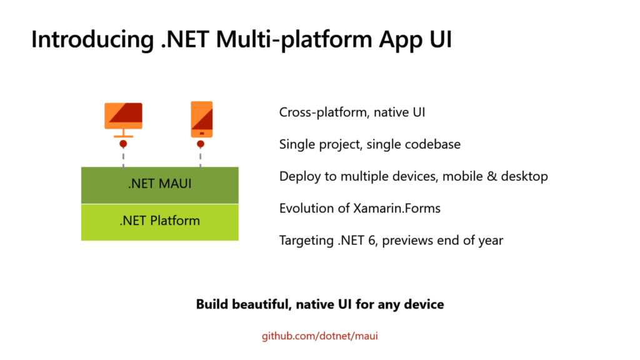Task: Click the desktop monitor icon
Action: (x=123, y=120)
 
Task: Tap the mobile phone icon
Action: (x=202, y=119)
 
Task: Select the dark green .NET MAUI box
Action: (x=159, y=185)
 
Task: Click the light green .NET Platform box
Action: (x=159, y=222)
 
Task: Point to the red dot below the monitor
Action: (x=123, y=144)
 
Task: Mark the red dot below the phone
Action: (x=201, y=144)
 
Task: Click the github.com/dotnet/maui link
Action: (x=319, y=336)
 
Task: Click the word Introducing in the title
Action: (x=92, y=39)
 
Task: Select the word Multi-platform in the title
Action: (x=294, y=40)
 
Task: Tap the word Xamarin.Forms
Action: (x=397, y=208)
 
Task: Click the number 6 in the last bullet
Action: (x=371, y=241)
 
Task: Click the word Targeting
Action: (x=306, y=241)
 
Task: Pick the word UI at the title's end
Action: (x=441, y=39)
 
